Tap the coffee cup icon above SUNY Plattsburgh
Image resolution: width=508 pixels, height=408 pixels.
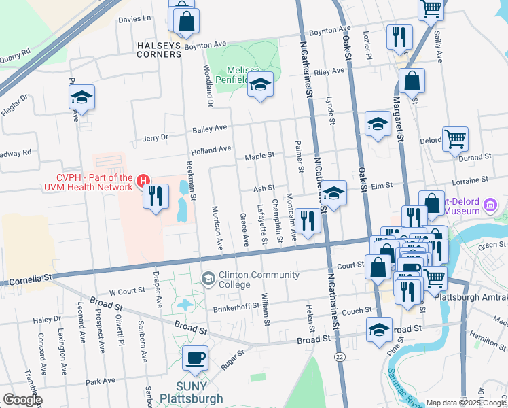(196, 358)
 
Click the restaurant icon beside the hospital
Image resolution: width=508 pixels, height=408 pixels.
(156, 197)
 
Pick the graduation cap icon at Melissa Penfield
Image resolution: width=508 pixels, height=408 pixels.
(259, 85)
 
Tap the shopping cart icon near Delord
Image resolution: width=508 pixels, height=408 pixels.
(455, 139)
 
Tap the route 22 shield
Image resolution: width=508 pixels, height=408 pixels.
(338, 356)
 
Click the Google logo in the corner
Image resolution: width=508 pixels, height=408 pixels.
(22, 400)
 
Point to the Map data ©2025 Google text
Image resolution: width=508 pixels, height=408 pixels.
(465, 403)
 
